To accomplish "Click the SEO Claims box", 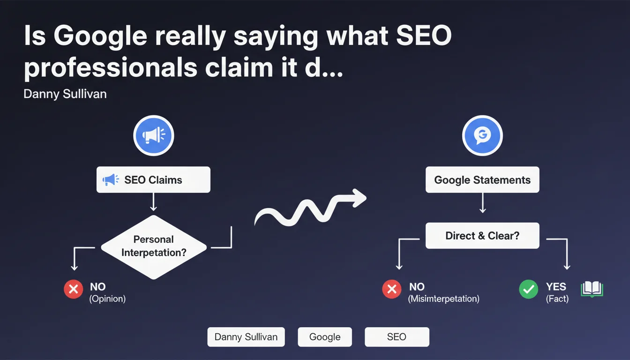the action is [x=153, y=180].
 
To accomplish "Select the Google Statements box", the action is [x=482, y=180].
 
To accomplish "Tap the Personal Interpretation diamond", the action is [x=154, y=247].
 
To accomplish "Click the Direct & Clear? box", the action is [x=482, y=236].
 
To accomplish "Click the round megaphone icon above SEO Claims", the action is [x=154, y=135].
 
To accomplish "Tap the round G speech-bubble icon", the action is [x=482, y=135].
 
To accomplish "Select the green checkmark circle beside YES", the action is [x=528, y=289].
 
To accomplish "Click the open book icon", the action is [x=592, y=289].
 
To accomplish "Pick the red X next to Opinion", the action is [x=74, y=289].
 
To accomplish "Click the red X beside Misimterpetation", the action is [x=391, y=289].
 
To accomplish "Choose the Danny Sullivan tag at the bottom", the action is [x=246, y=337].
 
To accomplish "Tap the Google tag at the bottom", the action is [x=325, y=337].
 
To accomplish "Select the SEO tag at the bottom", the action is [x=397, y=337].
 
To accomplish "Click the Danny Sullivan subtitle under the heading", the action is [x=65, y=94].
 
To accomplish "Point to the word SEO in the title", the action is [x=424, y=36].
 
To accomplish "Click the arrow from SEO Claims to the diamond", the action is [x=153, y=202].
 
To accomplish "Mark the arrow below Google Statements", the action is [x=483, y=203].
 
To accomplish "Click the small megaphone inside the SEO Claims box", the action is [x=111, y=180].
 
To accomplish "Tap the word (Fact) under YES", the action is [x=557, y=299].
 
